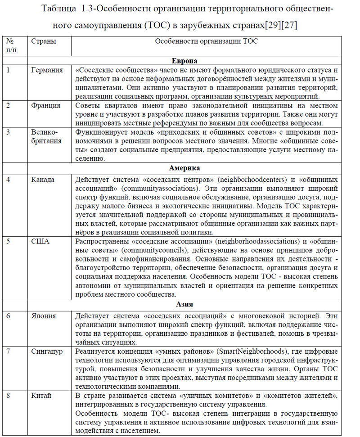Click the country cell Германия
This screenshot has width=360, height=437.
[x=47, y=70]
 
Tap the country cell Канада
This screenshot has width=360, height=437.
[x=43, y=180]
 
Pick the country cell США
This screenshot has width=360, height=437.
[x=40, y=241]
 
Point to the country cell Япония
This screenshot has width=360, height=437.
[x=44, y=315]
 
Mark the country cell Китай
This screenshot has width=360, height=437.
[x=41, y=396]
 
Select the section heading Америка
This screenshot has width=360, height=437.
[x=184, y=168]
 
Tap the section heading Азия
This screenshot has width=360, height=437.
[x=184, y=304]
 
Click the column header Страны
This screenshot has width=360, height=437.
[x=44, y=41]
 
